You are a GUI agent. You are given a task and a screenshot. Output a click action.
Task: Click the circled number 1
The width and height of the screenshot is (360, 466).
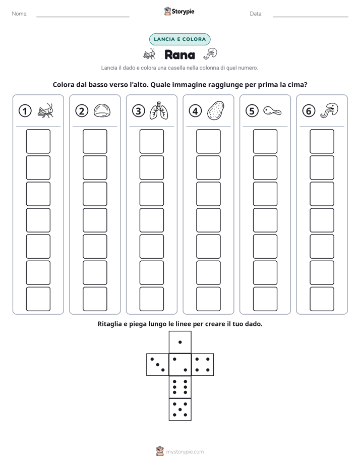(25, 111)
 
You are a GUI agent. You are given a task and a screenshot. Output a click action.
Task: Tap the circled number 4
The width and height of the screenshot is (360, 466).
(195, 111)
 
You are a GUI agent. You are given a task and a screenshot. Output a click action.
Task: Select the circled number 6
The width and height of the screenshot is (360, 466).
(309, 111)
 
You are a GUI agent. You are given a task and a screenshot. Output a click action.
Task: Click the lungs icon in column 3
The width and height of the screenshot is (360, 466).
(159, 110)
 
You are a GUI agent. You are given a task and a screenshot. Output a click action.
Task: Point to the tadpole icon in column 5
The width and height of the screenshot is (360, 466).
(272, 111)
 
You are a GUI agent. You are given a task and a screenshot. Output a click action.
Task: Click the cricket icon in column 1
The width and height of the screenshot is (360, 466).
(45, 110)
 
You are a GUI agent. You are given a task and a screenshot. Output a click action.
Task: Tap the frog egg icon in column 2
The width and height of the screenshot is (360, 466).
(102, 110)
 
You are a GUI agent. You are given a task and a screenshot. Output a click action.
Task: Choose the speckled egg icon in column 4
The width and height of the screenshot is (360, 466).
(215, 110)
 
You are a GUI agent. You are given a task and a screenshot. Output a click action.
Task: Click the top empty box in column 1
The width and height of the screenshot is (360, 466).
(38, 141)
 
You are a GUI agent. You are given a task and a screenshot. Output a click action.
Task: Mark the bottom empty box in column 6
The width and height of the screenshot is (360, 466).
(322, 299)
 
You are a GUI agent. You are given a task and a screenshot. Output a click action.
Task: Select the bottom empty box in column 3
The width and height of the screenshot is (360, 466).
(151, 299)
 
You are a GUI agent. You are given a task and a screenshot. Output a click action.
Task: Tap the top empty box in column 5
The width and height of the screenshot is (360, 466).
(265, 141)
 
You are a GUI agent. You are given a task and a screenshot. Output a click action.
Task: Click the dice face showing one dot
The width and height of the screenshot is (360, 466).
(180, 342)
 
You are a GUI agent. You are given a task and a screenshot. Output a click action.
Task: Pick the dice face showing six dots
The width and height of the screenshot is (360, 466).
(180, 387)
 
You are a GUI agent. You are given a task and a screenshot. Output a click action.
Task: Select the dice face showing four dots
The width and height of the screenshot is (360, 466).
(203, 365)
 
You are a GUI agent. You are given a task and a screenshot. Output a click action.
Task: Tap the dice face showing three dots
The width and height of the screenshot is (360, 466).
(158, 365)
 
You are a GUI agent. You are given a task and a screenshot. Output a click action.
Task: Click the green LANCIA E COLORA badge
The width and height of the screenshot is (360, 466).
(179, 39)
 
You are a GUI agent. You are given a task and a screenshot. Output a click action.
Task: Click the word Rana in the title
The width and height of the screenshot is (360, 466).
(179, 54)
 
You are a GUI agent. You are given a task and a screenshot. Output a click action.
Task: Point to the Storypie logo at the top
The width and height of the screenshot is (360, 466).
(179, 11)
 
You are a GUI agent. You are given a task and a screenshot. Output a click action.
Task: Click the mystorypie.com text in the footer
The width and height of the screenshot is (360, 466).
(185, 452)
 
